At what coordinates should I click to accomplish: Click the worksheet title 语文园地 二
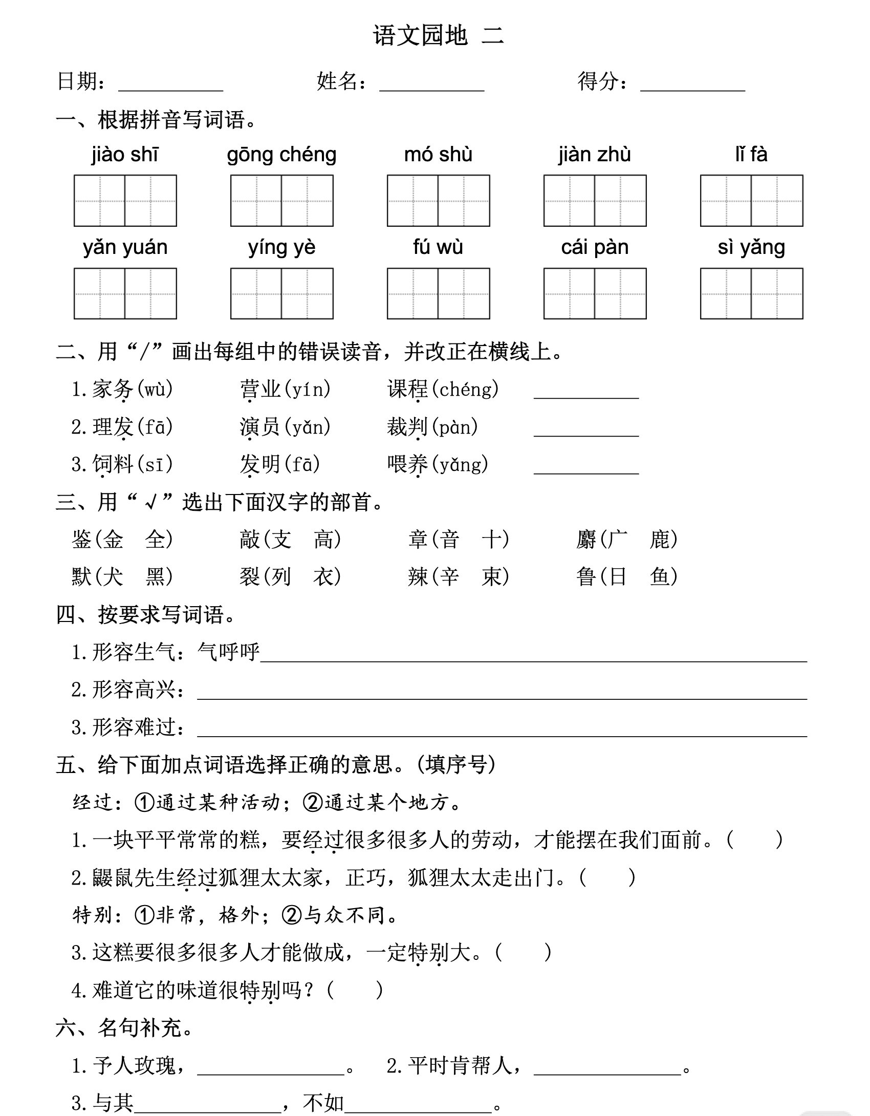point(439,36)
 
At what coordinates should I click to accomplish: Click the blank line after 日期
point(170,84)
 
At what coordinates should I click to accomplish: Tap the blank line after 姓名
point(431,84)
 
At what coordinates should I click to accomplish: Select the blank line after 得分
point(692,84)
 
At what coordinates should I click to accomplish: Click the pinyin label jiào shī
point(125,155)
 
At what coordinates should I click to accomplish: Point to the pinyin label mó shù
point(438,155)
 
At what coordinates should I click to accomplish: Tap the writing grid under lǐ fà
point(751,201)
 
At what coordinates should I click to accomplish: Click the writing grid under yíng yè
point(281,293)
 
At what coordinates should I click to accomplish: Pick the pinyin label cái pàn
point(595,248)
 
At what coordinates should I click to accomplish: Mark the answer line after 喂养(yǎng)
point(586,468)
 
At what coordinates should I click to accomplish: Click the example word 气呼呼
point(229,652)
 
